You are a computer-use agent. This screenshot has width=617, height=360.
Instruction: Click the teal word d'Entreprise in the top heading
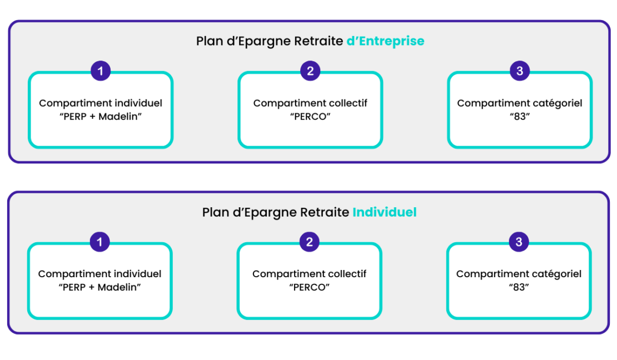pos(385,41)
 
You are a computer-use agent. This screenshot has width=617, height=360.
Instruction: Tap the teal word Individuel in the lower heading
pos(385,212)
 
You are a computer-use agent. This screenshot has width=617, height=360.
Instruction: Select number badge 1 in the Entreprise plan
pos(101,71)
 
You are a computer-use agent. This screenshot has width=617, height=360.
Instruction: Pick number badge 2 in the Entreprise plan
pos(310,71)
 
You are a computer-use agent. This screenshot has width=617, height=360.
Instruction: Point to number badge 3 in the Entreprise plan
pos(520,71)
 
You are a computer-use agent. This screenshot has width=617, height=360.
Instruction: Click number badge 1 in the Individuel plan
pos(99,242)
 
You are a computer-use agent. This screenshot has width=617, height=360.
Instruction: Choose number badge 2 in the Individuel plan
pos(309,242)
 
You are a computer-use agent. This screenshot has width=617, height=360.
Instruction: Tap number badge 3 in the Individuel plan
pos(519,242)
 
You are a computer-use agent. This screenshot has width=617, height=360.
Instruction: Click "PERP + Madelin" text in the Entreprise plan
pos(101,117)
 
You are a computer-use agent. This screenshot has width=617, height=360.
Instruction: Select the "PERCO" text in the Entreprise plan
pos(310,117)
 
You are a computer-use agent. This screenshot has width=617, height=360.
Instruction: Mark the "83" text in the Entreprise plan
pos(520,117)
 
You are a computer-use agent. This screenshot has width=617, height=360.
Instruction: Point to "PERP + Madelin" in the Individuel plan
pos(99,287)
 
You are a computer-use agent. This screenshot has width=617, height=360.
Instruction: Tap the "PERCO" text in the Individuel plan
pos(309,287)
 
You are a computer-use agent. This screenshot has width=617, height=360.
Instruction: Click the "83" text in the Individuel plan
pos(519,287)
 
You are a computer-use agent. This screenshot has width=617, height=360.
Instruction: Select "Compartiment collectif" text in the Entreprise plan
pos(310,103)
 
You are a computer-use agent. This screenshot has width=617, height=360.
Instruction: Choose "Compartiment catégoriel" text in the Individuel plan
pos(519,274)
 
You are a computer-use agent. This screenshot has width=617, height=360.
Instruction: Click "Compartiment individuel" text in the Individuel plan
pos(99,274)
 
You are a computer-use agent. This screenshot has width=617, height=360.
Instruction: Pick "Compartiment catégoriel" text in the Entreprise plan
pos(519,103)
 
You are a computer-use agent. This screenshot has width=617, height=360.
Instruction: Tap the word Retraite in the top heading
pos(319,41)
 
